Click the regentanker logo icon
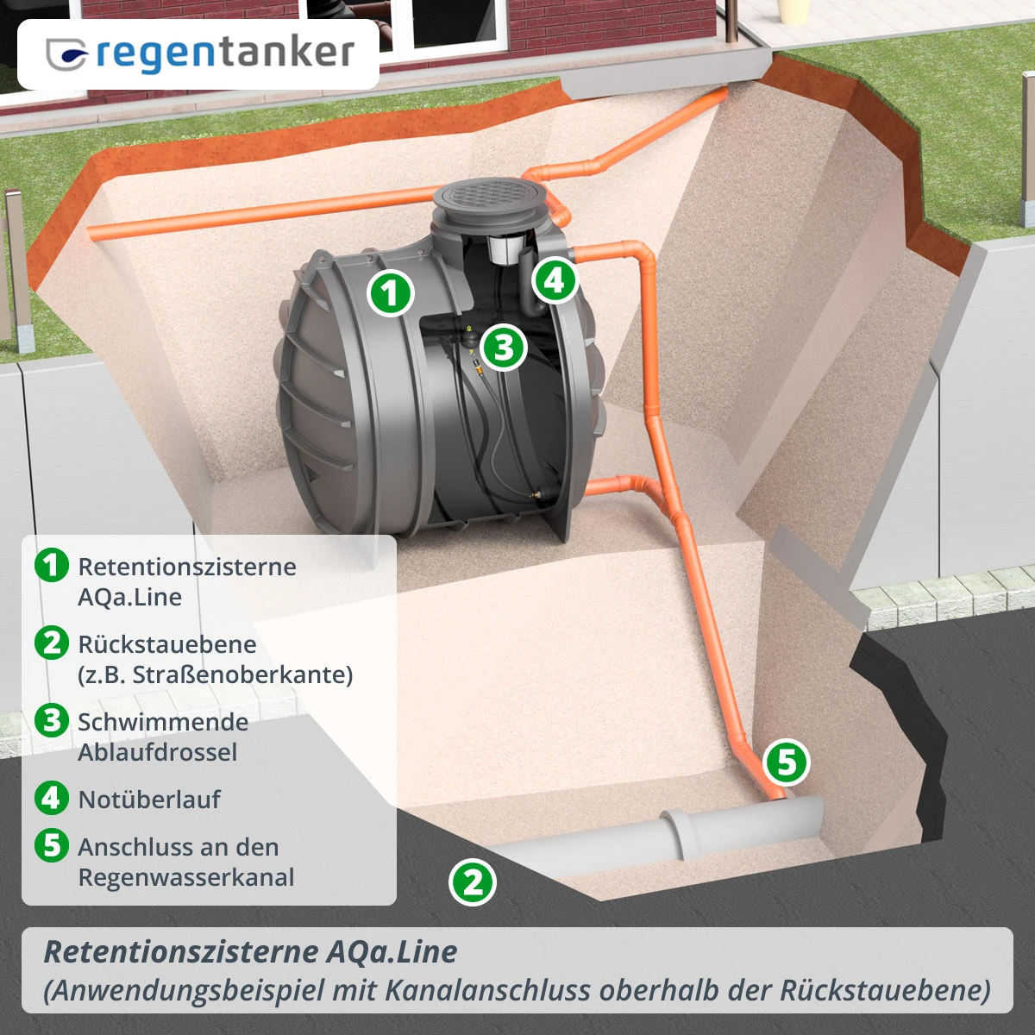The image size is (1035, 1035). tap(67, 54)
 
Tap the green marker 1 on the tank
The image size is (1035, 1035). tap(391, 293)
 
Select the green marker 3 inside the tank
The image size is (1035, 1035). tap(504, 348)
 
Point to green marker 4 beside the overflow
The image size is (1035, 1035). tap(555, 279)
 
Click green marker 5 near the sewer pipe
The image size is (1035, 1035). tap(787, 762)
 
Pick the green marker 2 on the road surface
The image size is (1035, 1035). tap(473, 882)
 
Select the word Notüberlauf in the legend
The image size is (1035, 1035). tap(149, 800)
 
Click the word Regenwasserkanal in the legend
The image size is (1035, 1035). tap(186, 877)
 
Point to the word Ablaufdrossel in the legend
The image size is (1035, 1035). tap(157, 752)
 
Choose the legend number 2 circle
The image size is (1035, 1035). tap(52, 643)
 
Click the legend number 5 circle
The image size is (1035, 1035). tap(52, 845)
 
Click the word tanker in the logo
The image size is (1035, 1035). tap(286, 53)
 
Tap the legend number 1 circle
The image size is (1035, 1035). tap(52, 565)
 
